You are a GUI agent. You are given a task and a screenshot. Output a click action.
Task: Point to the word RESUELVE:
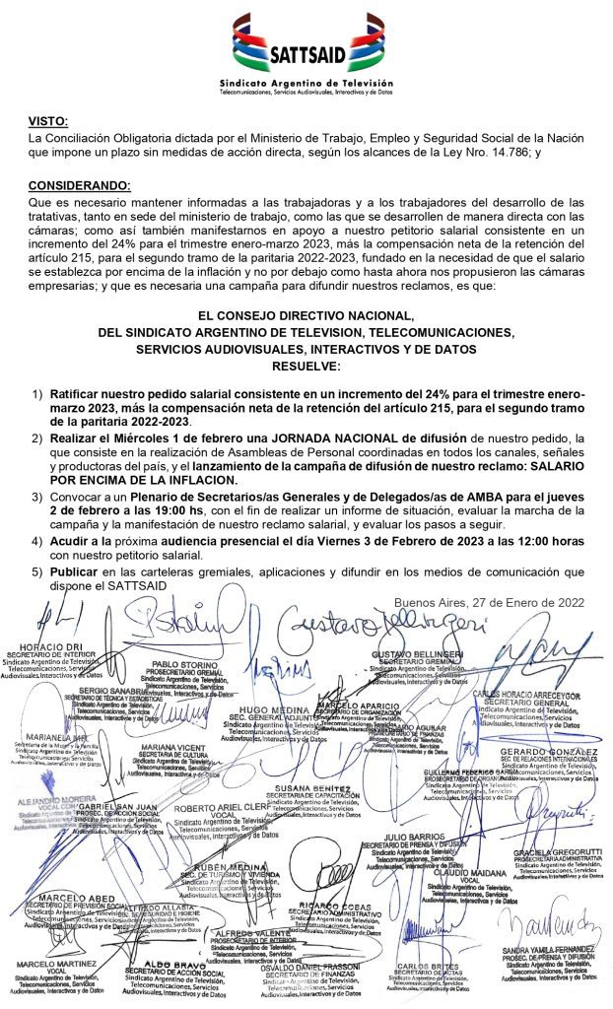pyautogui.click(x=306, y=367)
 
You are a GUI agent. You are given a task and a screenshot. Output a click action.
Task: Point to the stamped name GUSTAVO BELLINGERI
pyautogui.click(x=419, y=655)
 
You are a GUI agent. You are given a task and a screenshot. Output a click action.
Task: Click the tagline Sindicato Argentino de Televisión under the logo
pyautogui.click(x=306, y=86)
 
